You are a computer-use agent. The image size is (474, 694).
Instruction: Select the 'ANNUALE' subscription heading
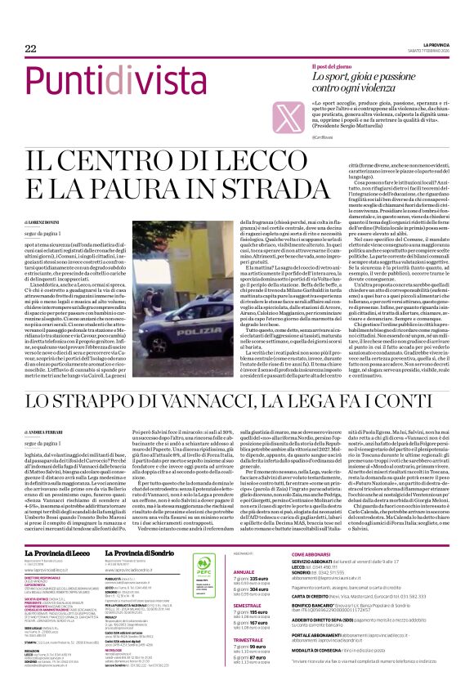coord(244,549)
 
